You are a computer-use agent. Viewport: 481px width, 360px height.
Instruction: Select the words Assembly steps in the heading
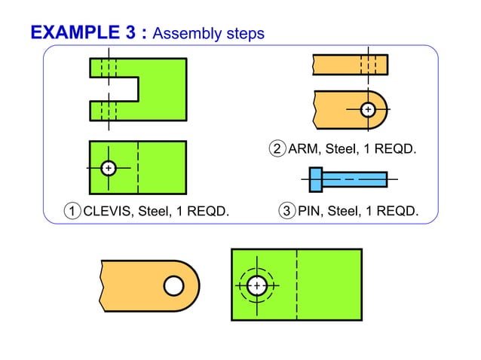[208, 33]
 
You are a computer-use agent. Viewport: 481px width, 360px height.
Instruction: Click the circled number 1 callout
[72, 211]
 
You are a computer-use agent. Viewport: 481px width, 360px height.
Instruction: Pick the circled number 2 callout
[277, 149]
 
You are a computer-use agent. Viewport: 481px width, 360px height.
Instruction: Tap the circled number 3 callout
[286, 211]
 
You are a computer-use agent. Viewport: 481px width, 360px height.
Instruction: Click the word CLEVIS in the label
[108, 211]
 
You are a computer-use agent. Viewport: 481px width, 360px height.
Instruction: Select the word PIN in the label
[310, 211]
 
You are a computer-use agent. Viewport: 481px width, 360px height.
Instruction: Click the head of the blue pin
[315, 179]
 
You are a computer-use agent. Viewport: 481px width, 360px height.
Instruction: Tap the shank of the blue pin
[354, 179]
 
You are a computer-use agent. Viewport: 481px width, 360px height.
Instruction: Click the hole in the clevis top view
[109, 167]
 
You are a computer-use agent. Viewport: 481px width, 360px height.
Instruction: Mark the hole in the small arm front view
[367, 110]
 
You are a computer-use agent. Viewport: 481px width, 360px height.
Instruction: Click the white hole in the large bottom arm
[173, 286]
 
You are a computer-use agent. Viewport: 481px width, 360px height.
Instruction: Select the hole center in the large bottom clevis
[257, 286]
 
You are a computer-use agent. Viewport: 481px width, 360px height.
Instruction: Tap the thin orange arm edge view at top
[351, 65]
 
